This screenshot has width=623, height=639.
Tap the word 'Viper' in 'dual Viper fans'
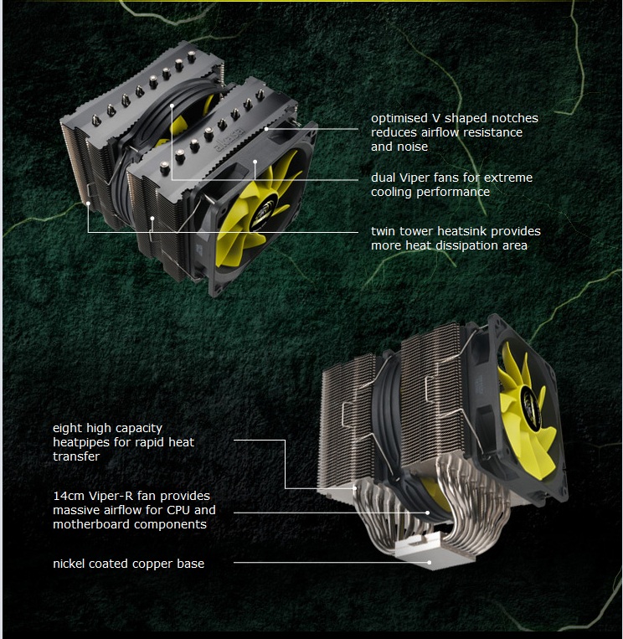[413, 178]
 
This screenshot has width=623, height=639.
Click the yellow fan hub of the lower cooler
[531, 404]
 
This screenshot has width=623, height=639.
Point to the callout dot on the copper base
[429, 563]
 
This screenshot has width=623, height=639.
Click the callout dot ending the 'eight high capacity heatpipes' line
[355, 487]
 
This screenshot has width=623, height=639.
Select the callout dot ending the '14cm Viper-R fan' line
[427, 513]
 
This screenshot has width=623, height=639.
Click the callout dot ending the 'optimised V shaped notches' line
[266, 129]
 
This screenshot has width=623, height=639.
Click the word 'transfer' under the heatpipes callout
[76, 456]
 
